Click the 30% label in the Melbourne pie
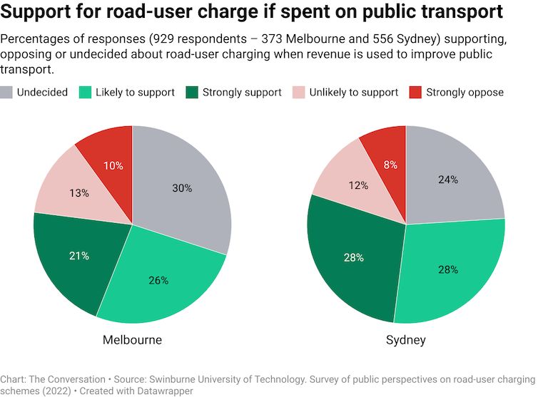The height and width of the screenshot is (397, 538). coord(182,188)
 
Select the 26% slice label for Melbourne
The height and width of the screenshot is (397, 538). coord(158,280)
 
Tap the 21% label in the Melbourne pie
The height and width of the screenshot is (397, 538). coord(79,255)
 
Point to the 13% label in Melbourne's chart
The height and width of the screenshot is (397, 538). coord(79,193)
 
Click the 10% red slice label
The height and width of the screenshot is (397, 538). coord(113,165)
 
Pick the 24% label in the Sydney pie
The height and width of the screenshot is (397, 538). coord(448,180)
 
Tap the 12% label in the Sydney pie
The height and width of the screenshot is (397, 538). coord(358,185)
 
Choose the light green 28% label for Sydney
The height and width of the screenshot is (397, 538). coord(448,269)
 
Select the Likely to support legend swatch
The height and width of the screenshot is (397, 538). coord(85,93)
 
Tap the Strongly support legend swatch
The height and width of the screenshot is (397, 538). coord(191,93)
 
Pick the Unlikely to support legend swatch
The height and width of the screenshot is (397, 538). coord(298,93)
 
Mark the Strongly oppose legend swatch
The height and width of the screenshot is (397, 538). coord(415,93)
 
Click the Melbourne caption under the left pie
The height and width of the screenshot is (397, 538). coord(132,340)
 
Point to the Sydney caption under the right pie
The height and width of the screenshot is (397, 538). coord(405,340)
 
